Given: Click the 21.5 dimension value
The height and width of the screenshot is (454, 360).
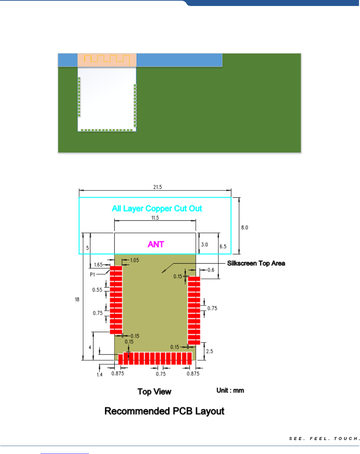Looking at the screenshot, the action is (x=158, y=187).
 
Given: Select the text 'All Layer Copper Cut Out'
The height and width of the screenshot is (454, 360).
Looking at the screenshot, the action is (x=157, y=208).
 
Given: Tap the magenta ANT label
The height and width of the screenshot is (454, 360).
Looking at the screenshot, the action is (x=156, y=244).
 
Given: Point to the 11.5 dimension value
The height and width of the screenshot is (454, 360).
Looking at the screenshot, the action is (x=155, y=218).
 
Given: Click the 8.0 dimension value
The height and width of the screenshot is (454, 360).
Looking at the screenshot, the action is (x=245, y=228).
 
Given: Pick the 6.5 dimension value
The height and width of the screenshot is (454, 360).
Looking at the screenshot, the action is (x=223, y=246).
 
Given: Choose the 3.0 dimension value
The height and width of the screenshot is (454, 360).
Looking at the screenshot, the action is (x=204, y=245).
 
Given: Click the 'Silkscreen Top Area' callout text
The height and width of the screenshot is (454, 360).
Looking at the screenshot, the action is (x=256, y=263).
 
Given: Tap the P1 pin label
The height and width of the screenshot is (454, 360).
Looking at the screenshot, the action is (x=92, y=275).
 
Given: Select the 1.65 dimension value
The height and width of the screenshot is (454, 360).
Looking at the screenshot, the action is (x=98, y=265).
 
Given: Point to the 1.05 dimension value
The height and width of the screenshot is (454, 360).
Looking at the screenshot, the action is (x=135, y=260).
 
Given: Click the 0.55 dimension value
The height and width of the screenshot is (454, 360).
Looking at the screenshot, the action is (x=97, y=290).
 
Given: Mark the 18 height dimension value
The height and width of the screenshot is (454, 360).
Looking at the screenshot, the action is (x=77, y=299).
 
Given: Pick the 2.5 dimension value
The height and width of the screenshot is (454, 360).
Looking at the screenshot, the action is (x=209, y=351).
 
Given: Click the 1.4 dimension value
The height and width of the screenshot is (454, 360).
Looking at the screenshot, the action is (x=99, y=375).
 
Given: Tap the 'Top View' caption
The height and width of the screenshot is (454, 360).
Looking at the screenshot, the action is (x=154, y=392).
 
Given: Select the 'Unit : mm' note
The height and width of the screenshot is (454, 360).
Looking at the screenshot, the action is (x=230, y=390).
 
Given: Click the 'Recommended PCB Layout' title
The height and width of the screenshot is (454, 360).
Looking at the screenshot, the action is (x=164, y=411).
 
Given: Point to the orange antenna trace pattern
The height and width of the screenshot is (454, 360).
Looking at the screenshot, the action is (x=107, y=59).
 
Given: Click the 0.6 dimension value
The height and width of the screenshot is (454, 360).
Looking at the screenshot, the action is (x=211, y=270).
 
